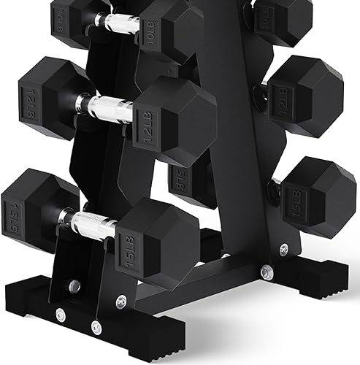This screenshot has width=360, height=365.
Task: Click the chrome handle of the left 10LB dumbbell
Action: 120,23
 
